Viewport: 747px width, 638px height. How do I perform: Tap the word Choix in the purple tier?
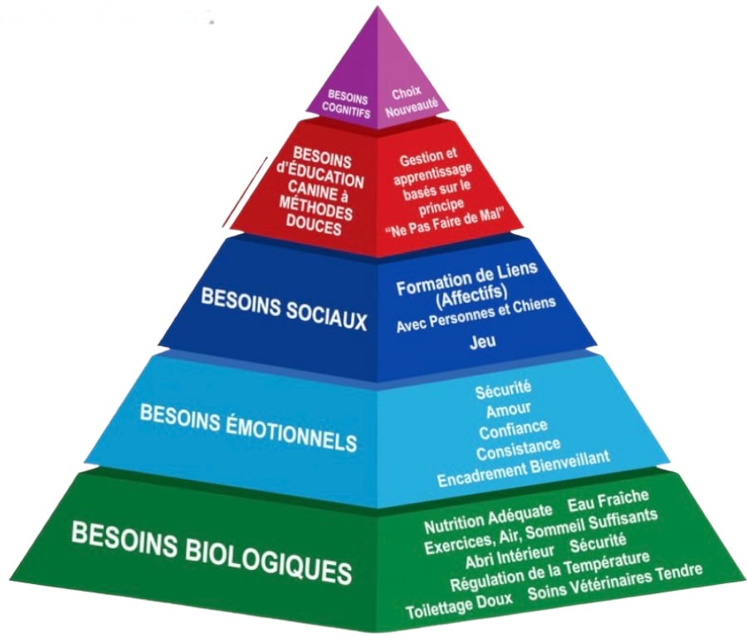[x=407, y=94]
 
